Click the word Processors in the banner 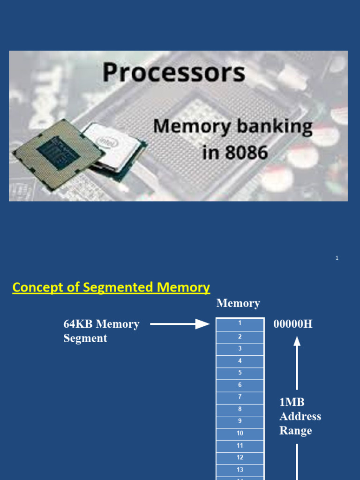point(173,73)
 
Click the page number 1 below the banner point(337,258)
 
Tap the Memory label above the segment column point(238,303)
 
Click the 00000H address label point(293,324)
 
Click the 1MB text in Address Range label point(292,402)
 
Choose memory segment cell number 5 point(240,373)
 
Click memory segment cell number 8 point(240,409)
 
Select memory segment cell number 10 point(240,433)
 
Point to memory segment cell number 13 point(240,470)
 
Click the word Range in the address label point(295,431)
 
